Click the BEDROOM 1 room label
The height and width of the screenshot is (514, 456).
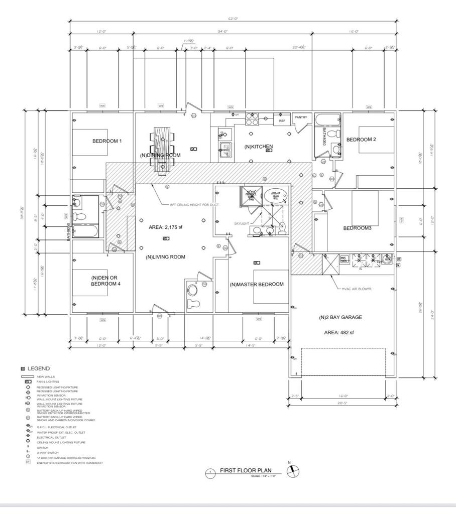pyautogui.click(x=107, y=141)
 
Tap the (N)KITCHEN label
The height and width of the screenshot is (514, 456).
pyautogui.click(x=259, y=147)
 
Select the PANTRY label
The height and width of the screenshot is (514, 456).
pyautogui.click(x=300, y=117)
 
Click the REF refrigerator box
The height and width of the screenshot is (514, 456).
pyautogui.click(x=282, y=121)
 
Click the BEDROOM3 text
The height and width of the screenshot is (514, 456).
pyautogui.click(x=357, y=228)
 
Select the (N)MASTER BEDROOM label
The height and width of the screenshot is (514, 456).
pyautogui.click(x=257, y=284)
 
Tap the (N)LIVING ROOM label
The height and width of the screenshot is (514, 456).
pyautogui.click(x=166, y=257)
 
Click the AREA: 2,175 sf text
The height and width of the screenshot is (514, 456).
pyautogui.click(x=166, y=227)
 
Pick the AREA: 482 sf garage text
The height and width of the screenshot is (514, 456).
pyautogui.click(x=339, y=332)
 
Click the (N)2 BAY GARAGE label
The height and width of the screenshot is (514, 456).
pyautogui.click(x=340, y=317)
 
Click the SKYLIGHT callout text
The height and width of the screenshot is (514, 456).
pyautogui.click(x=242, y=223)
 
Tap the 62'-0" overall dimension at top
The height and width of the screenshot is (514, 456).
pyautogui.click(x=232, y=19)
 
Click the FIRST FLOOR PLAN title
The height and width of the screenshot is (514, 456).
pyautogui.click(x=246, y=471)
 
